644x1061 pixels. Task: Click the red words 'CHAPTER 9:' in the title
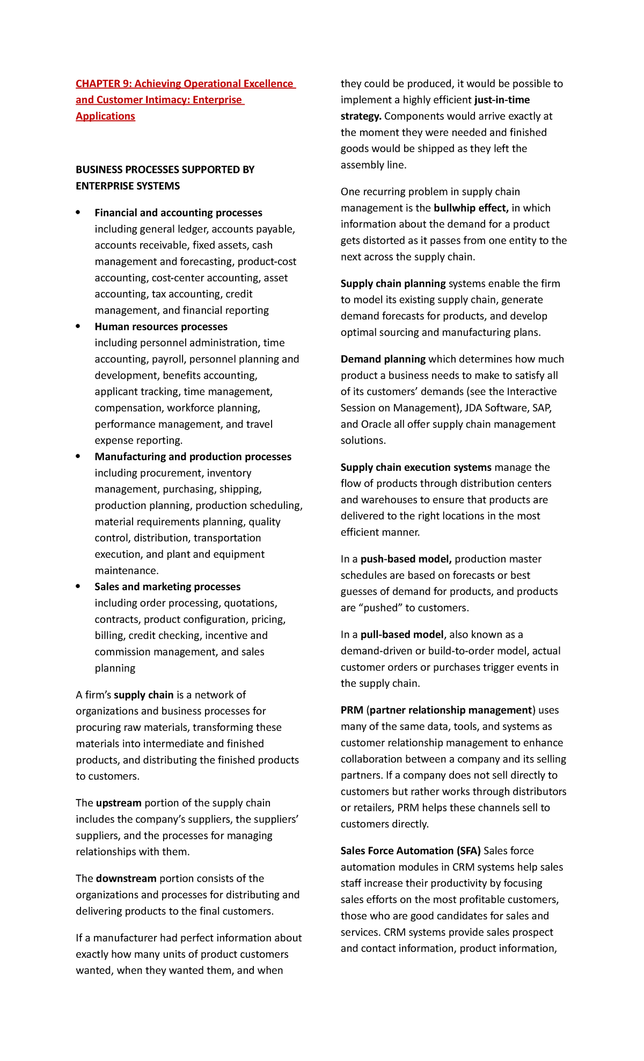tap(104, 84)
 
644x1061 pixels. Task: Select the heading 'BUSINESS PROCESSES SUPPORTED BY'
tap(165, 170)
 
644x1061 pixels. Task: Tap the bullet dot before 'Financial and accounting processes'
tap(78, 213)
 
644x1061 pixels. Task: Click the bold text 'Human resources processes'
tap(161, 327)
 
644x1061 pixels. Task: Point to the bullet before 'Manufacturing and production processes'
tap(78, 456)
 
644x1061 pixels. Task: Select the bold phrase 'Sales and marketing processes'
tap(167, 587)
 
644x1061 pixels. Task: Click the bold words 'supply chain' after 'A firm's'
tap(143, 695)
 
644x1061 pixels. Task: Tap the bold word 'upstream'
tap(119, 803)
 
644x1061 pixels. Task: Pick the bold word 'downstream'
tap(126, 879)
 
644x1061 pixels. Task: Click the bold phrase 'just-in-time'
tap(502, 100)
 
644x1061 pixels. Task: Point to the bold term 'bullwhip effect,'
tap(471, 208)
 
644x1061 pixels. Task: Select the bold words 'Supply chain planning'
tap(393, 284)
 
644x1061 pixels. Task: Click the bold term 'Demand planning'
tap(383, 359)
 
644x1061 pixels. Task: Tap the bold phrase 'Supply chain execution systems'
tap(416, 468)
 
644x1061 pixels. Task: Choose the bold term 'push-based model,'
tap(406, 559)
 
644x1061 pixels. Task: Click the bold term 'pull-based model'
tap(402, 635)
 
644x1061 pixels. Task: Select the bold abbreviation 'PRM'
tap(352, 710)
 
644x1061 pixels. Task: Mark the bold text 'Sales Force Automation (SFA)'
tap(411, 851)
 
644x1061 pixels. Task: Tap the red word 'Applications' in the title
tap(105, 117)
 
